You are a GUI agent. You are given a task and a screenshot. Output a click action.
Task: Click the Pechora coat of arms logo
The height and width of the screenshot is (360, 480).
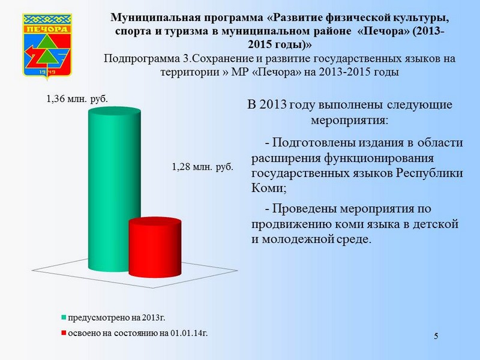coord(47,46)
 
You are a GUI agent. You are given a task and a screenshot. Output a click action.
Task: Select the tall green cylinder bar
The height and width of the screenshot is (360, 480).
coord(115,189)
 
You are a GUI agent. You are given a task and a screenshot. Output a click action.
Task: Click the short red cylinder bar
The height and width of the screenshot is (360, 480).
coord(155,247)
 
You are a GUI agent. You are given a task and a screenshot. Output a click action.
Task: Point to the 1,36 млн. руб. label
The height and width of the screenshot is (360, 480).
coord(77,99)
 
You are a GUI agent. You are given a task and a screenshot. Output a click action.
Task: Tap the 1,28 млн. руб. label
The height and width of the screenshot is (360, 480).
coord(202,167)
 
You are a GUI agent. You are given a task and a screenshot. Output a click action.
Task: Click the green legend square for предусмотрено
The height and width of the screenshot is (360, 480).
coord(64,317)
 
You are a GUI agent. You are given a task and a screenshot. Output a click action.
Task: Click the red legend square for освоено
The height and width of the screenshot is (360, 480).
coord(64,333)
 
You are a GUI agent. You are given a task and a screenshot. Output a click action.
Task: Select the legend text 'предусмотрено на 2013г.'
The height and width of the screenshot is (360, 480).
coord(116,317)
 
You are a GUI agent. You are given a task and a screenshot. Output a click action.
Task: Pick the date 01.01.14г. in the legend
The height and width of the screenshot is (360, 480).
coord(189,333)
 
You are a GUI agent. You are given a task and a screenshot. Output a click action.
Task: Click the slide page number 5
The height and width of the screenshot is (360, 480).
coord(436,336)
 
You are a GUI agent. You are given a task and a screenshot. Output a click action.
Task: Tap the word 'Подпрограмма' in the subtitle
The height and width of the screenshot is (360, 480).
coord(142,59)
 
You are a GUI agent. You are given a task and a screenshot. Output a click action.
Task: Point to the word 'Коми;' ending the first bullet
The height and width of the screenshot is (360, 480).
coord(269,188)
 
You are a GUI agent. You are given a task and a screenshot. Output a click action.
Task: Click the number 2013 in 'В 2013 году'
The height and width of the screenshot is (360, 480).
coord(273,104)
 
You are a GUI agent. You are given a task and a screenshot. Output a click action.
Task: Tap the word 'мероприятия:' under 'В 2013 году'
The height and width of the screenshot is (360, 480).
coord(349,120)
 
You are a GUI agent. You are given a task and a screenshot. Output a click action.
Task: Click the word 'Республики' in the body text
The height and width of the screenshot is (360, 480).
coord(430,173)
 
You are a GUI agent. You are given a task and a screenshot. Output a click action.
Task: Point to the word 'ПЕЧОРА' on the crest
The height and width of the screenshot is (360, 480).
coord(47,29)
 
